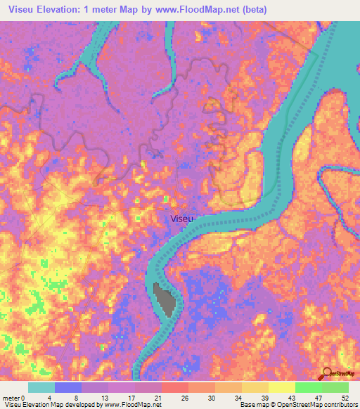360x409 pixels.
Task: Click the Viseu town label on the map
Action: pyautogui.click(x=180, y=219)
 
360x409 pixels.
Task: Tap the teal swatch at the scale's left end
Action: pyautogui.click(x=41, y=387)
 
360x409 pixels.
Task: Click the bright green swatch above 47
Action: pyautogui.click(x=308, y=387)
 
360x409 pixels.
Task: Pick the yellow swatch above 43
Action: pyautogui.click(x=281, y=387)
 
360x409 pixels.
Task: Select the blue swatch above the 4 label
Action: pyautogui.click(x=68, y=387)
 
